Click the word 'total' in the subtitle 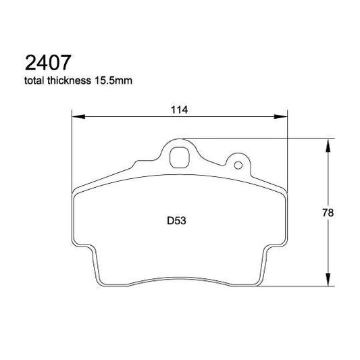pyautogui.click(x=36, y=82)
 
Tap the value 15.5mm pyautogui.click(x=115, y=82)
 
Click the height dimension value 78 pyautogui.click(x=328, y=213)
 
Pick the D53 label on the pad pyautogui.click(x=176, y=221)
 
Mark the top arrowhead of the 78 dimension pyautogui.click(x=329, y=143)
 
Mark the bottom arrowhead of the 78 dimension pyautogui.click(x=329, y=283)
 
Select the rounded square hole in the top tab pyautogui.click(x=180, y=157)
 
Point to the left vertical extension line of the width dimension pyautogui.click(x=71, y=155)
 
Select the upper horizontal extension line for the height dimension pyautogui.click(x=270, y=138)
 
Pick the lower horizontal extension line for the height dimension pyautogui.click(x=297, y=287)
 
